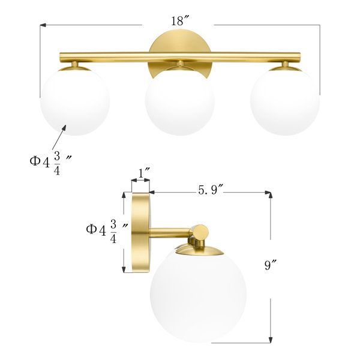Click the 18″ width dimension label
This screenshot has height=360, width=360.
tap(178, 21)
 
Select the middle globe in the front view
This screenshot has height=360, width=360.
tap(179, 100)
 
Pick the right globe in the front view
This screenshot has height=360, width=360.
tap(284, 100)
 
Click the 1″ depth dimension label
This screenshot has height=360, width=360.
tap(143, 173)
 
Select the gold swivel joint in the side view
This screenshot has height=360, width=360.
tap(200, 232)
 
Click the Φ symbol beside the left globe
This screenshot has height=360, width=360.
tap(37, 160)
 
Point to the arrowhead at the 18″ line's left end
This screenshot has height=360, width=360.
tap(43, 25)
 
